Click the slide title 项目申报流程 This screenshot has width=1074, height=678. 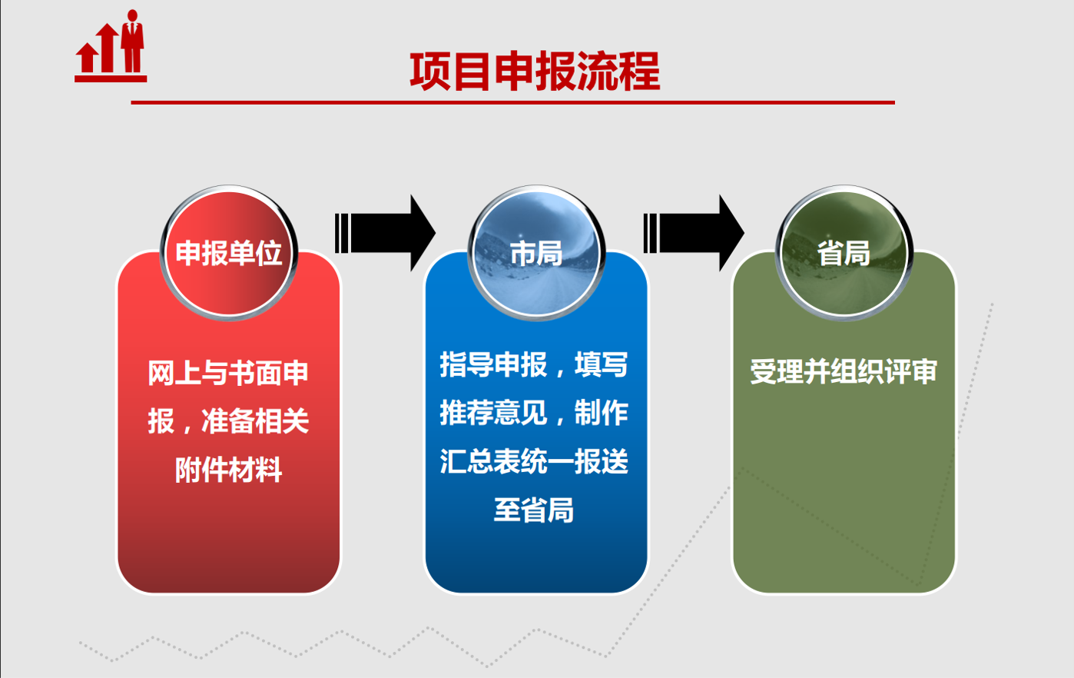click(x=535, y=71)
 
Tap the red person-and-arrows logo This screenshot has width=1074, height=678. click(x=111, y=46)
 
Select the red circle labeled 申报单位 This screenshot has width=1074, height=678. click(x=229, y=252)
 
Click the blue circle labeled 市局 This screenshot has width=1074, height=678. click(x=536, y=252)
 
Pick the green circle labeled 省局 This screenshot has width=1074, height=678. click(x=844, y=252)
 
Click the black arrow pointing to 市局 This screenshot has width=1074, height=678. click(x=385, y=233)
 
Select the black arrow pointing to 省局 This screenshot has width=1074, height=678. click(x=694, y=233)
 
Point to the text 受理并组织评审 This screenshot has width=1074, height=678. click(x=844, y=371)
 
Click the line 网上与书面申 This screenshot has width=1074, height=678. click(x=227, y=373)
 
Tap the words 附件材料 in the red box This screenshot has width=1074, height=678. click(x=228, y=470)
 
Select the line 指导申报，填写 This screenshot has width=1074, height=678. click(x=534, y=364)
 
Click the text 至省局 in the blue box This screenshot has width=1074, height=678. click(x=534, y=510)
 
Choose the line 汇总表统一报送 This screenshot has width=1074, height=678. click(x=534, y=461)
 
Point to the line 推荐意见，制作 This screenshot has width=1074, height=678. click(x=534, y=413)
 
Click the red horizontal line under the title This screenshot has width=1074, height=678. click(x=513, y=102)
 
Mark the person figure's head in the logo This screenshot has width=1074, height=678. click(x=132, y=15)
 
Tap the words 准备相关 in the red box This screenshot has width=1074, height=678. click(x=255, y=421)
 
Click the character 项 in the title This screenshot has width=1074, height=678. click(x=430, y=71)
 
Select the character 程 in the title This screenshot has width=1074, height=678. click(x=640, y=71)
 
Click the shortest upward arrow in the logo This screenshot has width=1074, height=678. click(x=87, y=58)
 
